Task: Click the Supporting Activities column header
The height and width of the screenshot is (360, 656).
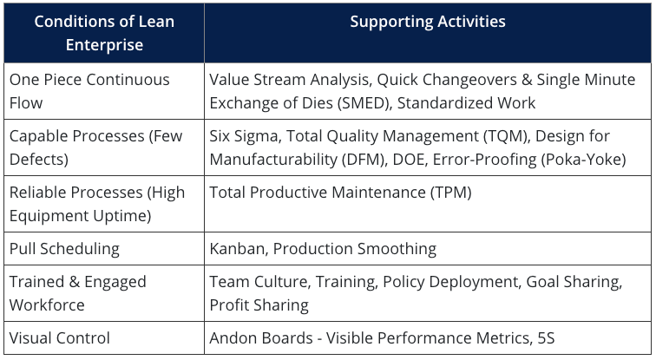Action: coord(428,21)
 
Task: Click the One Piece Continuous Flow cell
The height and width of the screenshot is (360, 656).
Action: coord(89,90)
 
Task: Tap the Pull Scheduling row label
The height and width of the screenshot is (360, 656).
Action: coord(64,249)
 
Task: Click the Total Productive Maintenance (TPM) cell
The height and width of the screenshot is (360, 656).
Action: coord(340,193)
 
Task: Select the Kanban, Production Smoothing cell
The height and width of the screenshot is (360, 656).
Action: coord(323,249)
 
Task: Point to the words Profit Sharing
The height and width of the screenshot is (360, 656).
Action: coord(259,304)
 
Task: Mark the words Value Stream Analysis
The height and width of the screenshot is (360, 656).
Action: coord(290,80)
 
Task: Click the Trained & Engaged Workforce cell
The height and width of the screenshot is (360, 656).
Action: coord(78,292)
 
